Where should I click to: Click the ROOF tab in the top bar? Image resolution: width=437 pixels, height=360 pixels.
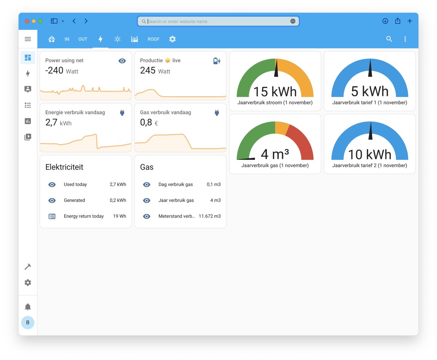153,39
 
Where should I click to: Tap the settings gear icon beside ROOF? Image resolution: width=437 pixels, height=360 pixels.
173,39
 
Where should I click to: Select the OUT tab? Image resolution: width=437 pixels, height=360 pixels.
83,39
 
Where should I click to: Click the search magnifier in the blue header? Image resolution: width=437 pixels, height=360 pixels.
389,39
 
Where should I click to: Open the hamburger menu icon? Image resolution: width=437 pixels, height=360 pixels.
28,39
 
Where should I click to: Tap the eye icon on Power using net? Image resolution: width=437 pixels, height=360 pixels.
122,61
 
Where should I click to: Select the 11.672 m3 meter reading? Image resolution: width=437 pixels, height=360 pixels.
209,216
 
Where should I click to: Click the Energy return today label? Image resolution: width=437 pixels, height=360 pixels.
84,216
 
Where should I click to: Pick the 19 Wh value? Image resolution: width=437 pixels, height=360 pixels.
119,216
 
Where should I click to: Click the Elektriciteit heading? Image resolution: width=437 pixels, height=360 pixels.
64,167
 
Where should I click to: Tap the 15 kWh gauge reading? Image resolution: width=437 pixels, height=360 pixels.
275,92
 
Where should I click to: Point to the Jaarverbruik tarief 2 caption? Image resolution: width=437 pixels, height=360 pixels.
370,166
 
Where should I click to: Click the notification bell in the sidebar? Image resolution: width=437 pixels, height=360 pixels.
28,307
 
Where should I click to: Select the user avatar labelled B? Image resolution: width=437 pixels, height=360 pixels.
28,323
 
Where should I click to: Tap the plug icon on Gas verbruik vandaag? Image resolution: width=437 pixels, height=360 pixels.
217,113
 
